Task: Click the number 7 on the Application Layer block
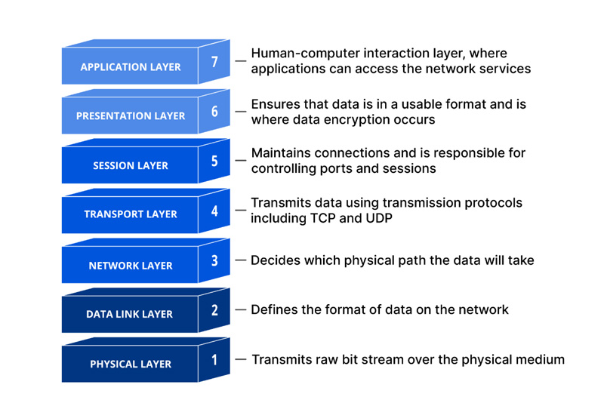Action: tap(214, 62)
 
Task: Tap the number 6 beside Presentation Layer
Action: tap(214, 111)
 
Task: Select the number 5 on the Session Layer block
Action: tap(214, 161)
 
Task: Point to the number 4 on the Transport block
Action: tap(214, 211)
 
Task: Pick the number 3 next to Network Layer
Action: tap(214, 260)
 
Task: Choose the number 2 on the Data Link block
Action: tap(214, 310)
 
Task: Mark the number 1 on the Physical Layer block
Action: tap(214, 360)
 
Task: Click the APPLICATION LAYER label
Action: tap(131, 67)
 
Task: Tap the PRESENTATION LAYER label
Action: tap(131, 116)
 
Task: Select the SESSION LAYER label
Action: tap(131, 165)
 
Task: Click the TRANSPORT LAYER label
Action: tap(131, 214)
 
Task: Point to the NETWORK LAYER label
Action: tap(131, 266)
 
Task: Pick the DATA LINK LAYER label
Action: tap(129, 314)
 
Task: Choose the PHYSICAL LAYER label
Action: tap(131, 364)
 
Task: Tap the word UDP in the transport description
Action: tap(379, 218)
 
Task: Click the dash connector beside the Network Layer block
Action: tap(240, 260)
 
